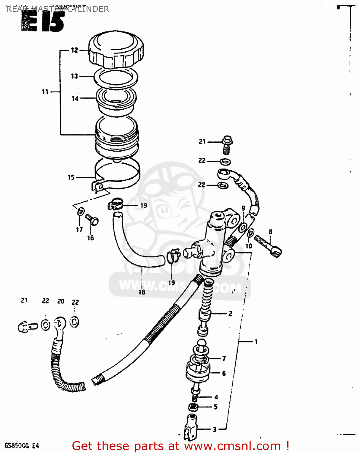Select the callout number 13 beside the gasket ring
[74, 76]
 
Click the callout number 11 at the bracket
[45, 92]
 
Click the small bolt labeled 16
[92, 220]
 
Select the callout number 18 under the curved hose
[142, 292]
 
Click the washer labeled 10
[250, 233]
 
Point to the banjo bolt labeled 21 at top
[227, 144]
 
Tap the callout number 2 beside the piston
[230, 313]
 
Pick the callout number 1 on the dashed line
[256, 342]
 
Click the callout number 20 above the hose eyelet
[61, 301]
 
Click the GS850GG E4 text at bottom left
[22, 445]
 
